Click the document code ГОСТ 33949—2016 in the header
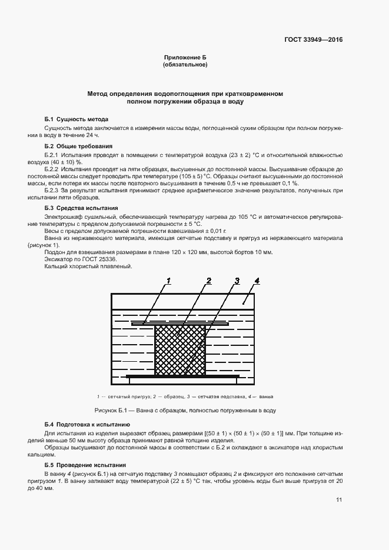312,40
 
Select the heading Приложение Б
185,57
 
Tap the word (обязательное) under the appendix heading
185,64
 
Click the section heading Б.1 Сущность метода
77,119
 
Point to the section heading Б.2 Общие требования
79,146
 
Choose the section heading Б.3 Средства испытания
81,208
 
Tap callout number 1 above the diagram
168,281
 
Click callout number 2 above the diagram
208,281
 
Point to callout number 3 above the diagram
237,281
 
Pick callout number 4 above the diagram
257,281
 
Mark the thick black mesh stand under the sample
182,375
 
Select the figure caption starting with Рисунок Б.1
185,410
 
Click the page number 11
339,500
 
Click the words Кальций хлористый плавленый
88,266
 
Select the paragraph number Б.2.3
52,190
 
